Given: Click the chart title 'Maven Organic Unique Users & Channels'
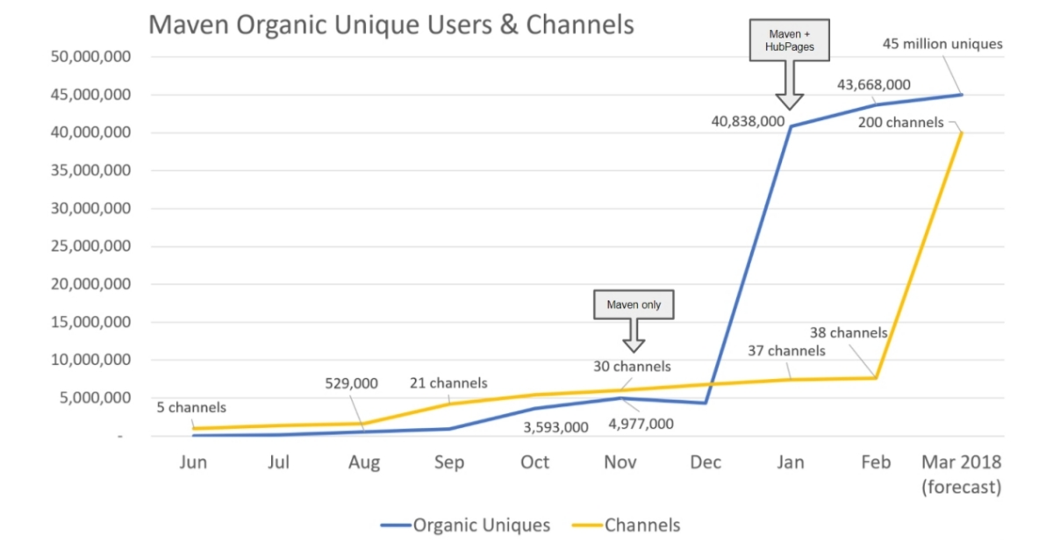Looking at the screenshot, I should (390, 25).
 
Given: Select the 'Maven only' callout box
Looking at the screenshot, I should (634, 305).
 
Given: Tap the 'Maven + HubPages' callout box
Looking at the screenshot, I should (790, 40).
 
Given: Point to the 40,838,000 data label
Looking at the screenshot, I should (748, 122).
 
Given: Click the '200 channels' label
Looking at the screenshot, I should (901, 123).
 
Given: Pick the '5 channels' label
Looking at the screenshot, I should (191, 407).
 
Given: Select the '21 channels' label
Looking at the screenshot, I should (448, 383).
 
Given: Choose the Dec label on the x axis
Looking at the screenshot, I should (705, 462).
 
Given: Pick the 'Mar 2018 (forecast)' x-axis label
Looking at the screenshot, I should (961, 475).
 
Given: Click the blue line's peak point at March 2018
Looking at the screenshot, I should (962, 94).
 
